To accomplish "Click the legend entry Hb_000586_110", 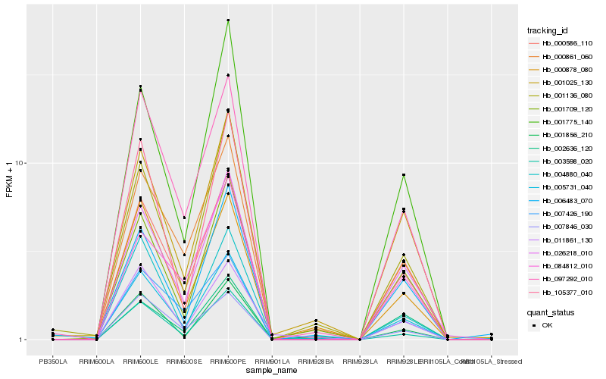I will click(561, 43).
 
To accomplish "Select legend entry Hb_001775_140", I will click(561, 121).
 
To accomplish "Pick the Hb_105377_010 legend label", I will click(561, 292).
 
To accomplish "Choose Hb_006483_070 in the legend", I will click(561, 200).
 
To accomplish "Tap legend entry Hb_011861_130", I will click(561, 240).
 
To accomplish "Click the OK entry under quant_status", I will click(547, 324).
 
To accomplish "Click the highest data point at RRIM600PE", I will click(228, 20).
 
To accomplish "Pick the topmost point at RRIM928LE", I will click(404, 175).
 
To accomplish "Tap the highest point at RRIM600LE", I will click(141, 86).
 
